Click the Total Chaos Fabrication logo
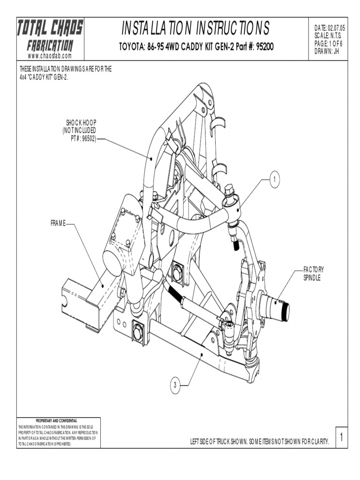(x=50, y=36)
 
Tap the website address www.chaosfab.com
(x=50, y=56)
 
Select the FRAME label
(x=58, y=224)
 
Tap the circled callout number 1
(x=275, y=179)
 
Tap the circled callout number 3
(x=174, y=385)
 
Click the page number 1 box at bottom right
(x=342, y=438)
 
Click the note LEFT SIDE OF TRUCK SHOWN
(x=259, y=442)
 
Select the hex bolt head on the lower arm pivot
(x=139, y=333)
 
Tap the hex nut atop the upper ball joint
(x=229, y=190)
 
